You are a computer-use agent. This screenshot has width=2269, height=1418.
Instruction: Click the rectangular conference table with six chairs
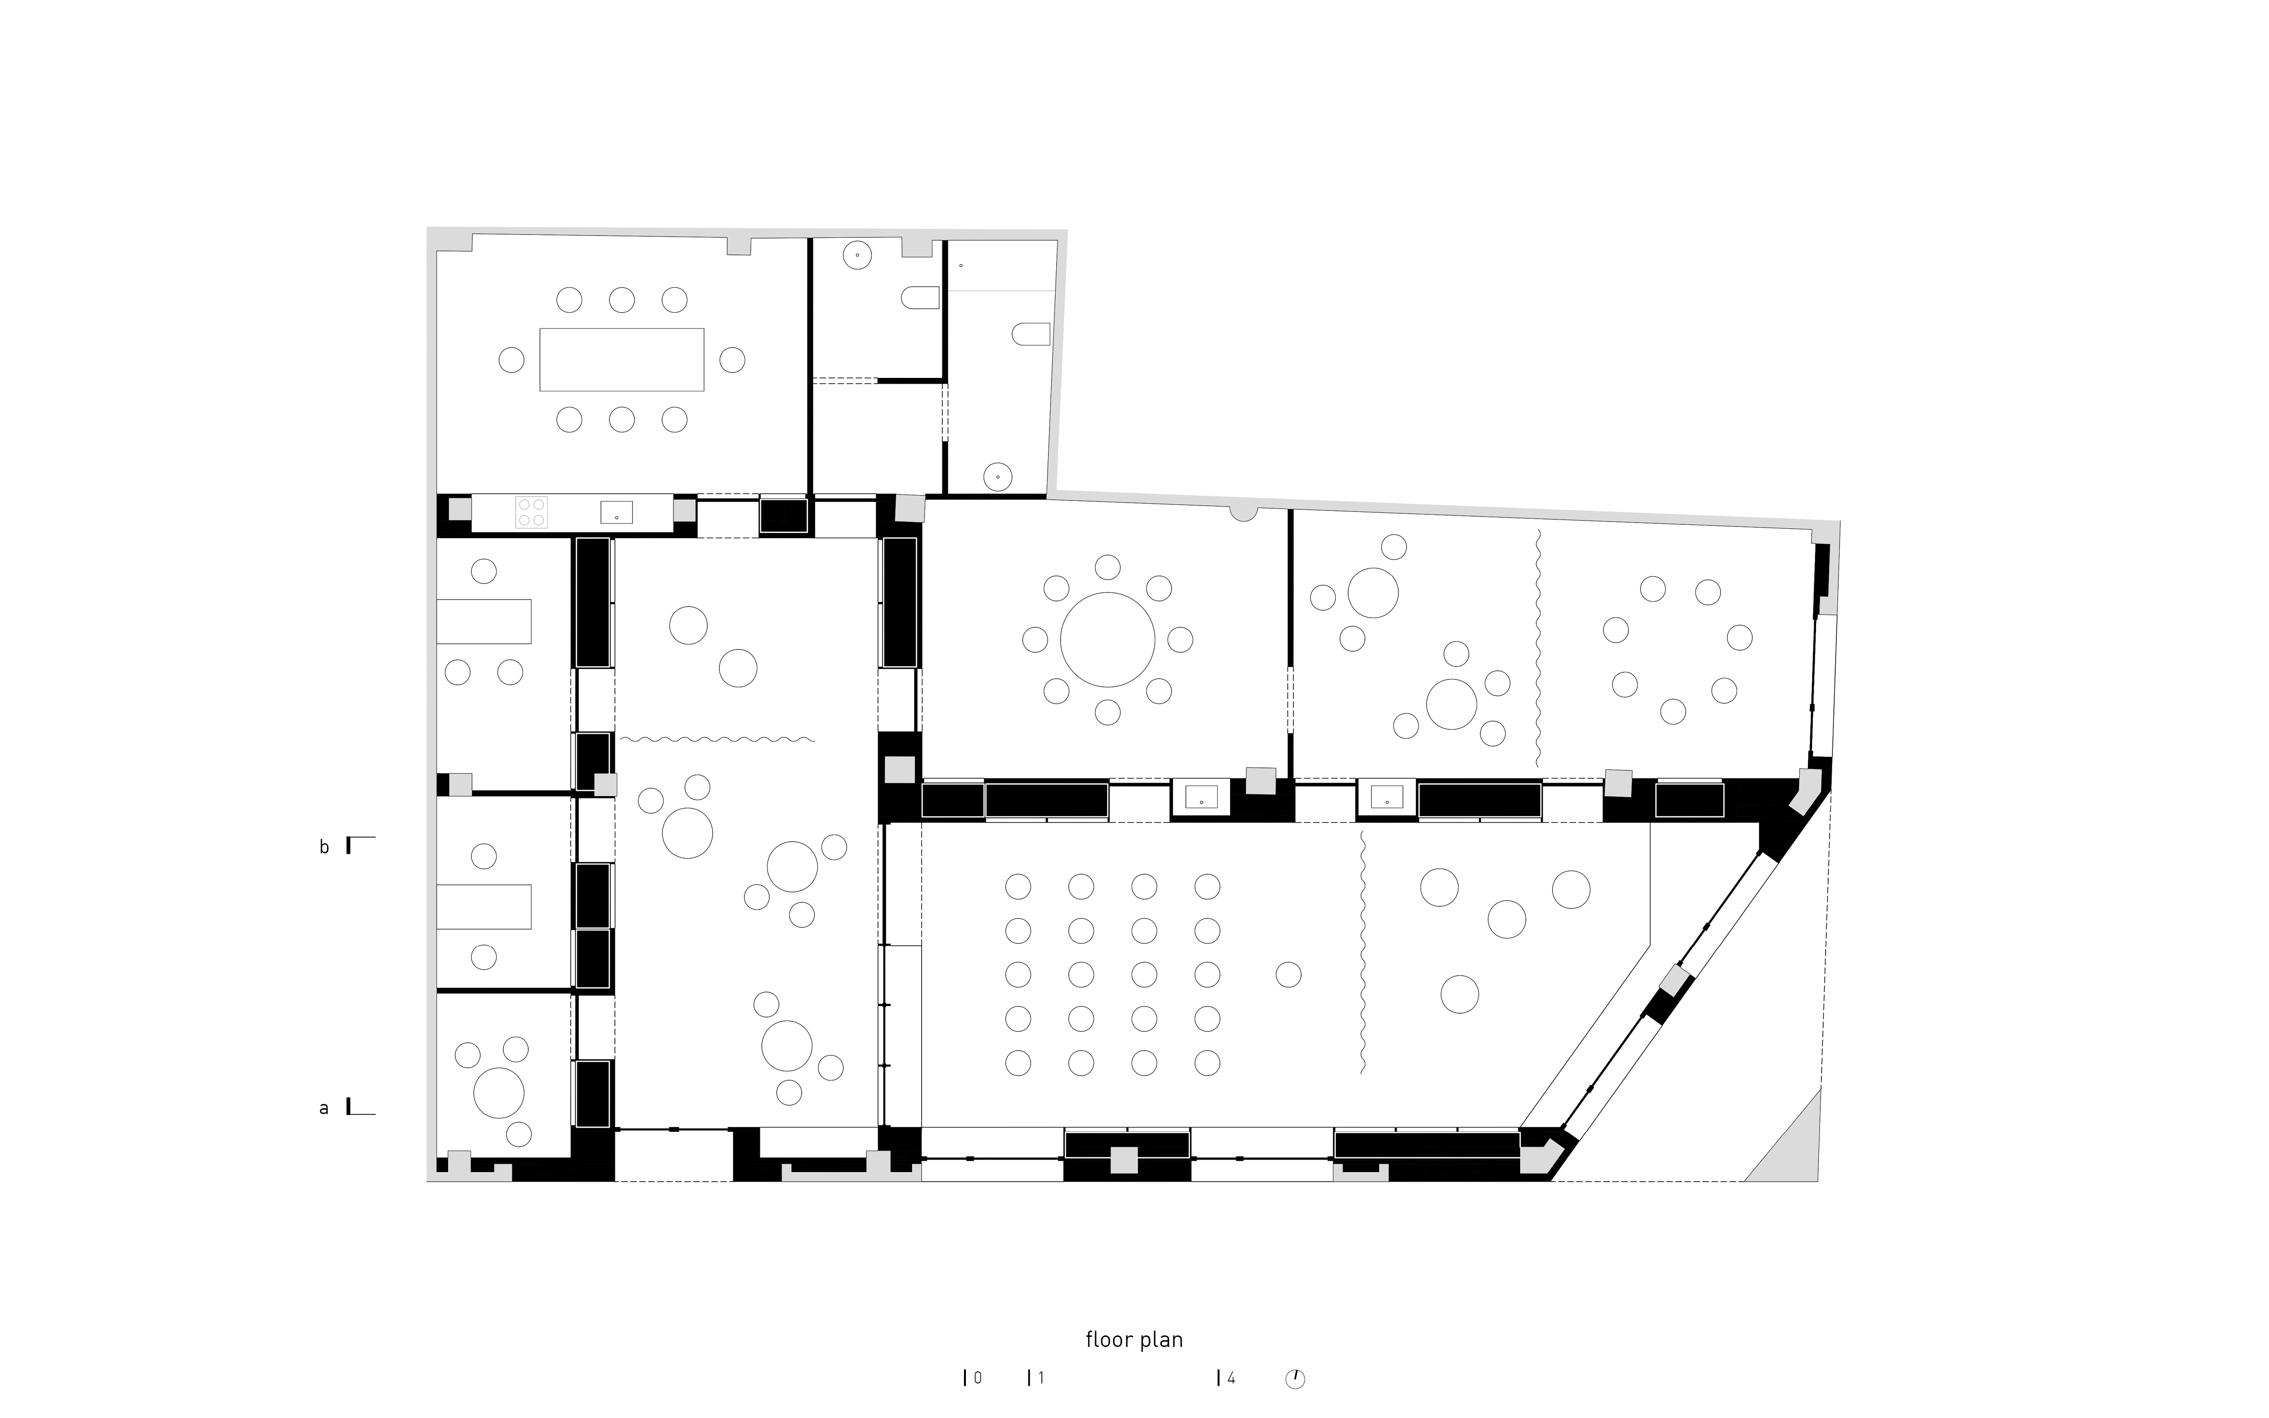621,359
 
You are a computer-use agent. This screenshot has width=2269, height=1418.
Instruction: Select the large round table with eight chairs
1107,640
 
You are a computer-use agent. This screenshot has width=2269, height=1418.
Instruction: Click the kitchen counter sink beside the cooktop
616,512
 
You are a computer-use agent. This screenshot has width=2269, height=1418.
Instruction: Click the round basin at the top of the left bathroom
857,255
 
